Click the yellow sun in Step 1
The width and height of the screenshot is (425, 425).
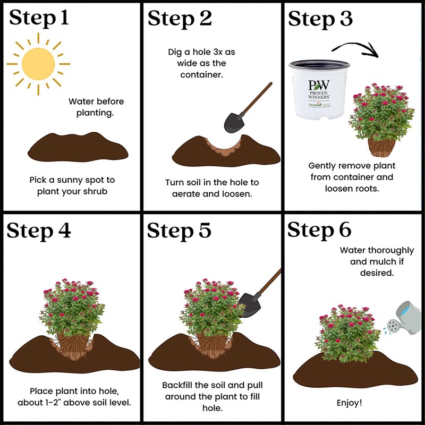pos(38,64)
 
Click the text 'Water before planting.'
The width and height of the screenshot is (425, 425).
pos(96,107)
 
